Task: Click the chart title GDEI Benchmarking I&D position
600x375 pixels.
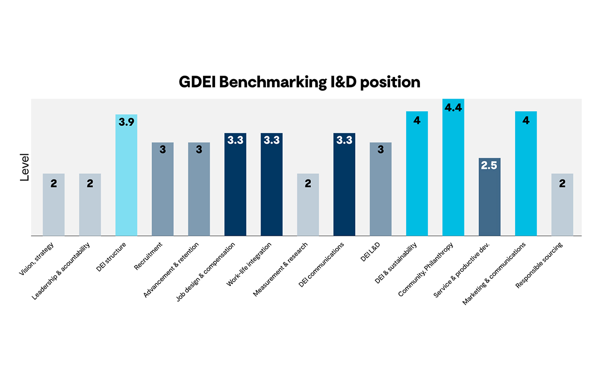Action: coord(299,82)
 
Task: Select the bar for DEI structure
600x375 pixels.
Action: coord(126,180)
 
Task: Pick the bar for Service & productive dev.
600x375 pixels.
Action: coord(489,200)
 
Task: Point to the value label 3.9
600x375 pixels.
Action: coord(126,122)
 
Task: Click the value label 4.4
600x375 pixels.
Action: coord(453,108)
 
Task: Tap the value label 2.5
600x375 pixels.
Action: coord(489,166)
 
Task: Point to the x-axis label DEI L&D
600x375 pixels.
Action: coord(370,252)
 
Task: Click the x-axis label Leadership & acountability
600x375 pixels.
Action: coord(62,270)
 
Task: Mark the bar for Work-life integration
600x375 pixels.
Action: coord(271,188)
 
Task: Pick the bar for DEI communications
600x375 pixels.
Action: coord(344,188)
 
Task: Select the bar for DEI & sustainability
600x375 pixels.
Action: coord(416,175)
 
